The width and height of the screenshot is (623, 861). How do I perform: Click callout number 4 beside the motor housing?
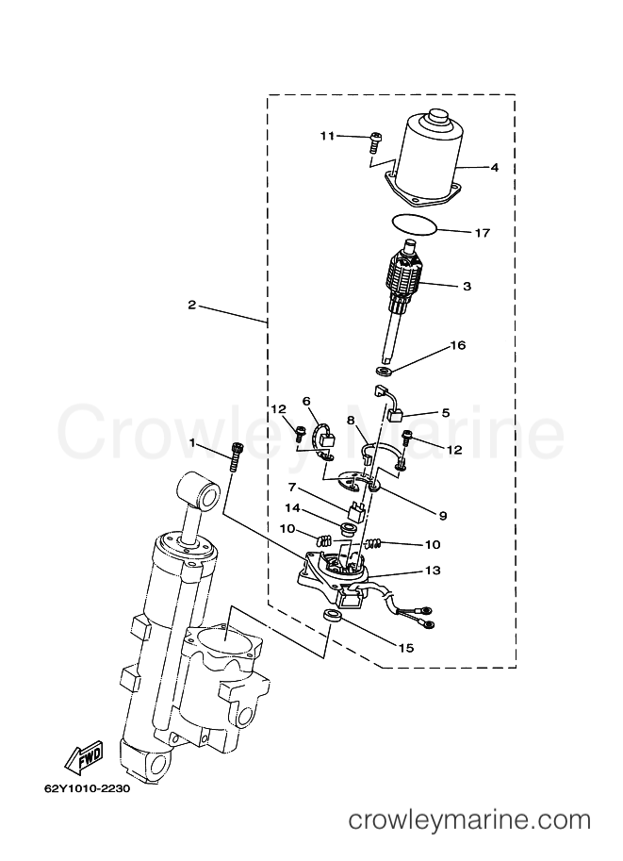(495, 167)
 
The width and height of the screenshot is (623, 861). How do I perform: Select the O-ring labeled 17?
(415, 225)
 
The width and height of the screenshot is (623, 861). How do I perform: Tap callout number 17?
(482, 233)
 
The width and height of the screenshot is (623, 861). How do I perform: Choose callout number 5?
(445, 412)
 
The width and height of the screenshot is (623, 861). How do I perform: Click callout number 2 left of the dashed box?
(191, 305)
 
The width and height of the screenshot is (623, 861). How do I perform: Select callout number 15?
(406, 648)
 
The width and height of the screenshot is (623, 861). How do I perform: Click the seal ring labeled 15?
(332, 616)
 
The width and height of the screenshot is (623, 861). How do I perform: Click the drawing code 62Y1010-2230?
(87, 789)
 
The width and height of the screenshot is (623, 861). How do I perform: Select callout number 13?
(433, 571)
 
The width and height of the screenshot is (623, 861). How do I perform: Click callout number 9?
(443, 516)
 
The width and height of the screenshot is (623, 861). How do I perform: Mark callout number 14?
(292, 508)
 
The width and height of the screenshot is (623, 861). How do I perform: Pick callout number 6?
(306, 402)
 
